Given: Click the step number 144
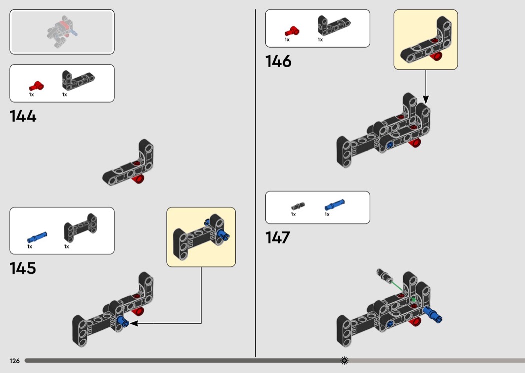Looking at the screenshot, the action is pos(23,116).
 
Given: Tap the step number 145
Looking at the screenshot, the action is pos(23,268).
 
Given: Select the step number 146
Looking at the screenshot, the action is pos(278,61).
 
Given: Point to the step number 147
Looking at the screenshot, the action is pos(278,237).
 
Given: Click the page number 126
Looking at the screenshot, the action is pos(14,361).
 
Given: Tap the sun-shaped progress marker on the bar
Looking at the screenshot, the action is pos(344,360).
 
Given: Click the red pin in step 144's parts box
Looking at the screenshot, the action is pos(36,86).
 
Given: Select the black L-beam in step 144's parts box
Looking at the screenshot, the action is pos(78,80).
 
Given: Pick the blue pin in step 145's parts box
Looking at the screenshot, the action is pos(37,237).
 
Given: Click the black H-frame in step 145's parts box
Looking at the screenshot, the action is pos(80,227).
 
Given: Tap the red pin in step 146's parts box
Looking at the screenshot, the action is pos(292,31).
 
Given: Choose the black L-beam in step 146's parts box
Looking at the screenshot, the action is pos(334,25).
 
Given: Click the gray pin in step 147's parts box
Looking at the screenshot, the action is pos(298,206).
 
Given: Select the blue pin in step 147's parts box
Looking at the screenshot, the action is pos(334,204).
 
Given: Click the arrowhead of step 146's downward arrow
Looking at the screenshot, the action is pos(426,100).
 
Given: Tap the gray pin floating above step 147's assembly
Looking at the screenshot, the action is pos(384,275).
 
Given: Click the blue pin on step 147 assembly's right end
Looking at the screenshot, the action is pos(433,314).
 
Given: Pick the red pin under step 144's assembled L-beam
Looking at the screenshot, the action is pos(138,179).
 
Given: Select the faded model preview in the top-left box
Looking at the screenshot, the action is pos(62,31).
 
